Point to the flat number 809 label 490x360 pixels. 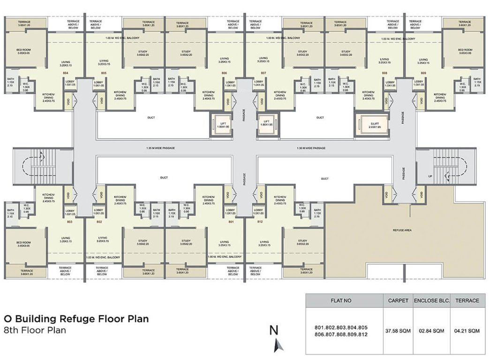[423, 73]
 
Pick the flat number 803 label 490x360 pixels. [69, 221]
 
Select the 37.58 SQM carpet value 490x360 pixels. [398, 331]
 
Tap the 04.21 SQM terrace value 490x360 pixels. [467, 331]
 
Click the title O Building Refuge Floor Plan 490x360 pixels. [76, 319]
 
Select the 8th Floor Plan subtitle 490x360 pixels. [35, 330]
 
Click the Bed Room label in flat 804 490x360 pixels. [24, 51]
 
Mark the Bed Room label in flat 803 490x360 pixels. [24, 244]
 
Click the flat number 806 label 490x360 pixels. [224, 73]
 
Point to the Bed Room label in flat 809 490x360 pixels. [465, 51]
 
